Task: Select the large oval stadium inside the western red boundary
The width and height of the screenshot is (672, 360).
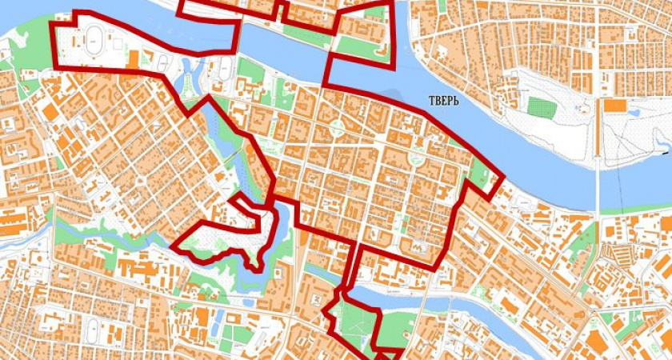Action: coord(95,36)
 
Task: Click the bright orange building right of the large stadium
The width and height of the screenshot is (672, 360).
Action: coord(133,58)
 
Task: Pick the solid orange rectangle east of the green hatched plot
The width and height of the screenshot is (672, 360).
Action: coord(615,105)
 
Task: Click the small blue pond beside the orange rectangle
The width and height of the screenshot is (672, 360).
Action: coord(635,112)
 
